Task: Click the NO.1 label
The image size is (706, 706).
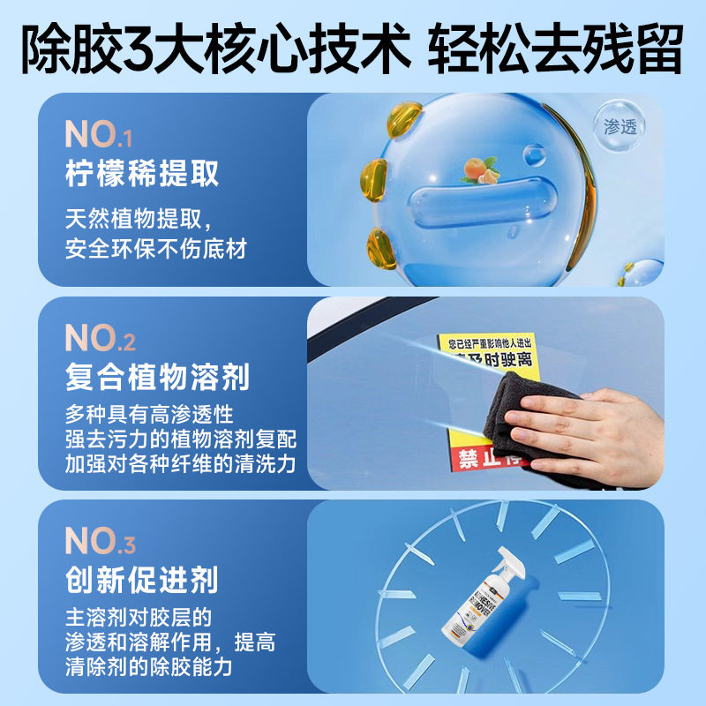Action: [98, 135]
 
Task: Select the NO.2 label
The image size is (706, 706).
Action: [100, 339]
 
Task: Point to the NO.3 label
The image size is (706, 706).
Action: [100, 541]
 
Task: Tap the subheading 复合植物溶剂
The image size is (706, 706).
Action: [157, 378]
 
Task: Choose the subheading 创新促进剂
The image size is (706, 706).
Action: [142, 580]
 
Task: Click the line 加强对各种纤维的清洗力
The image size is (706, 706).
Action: [181, 464]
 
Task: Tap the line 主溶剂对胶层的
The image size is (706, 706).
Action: [139, 616]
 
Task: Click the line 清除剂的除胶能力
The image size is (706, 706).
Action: [148, 666]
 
